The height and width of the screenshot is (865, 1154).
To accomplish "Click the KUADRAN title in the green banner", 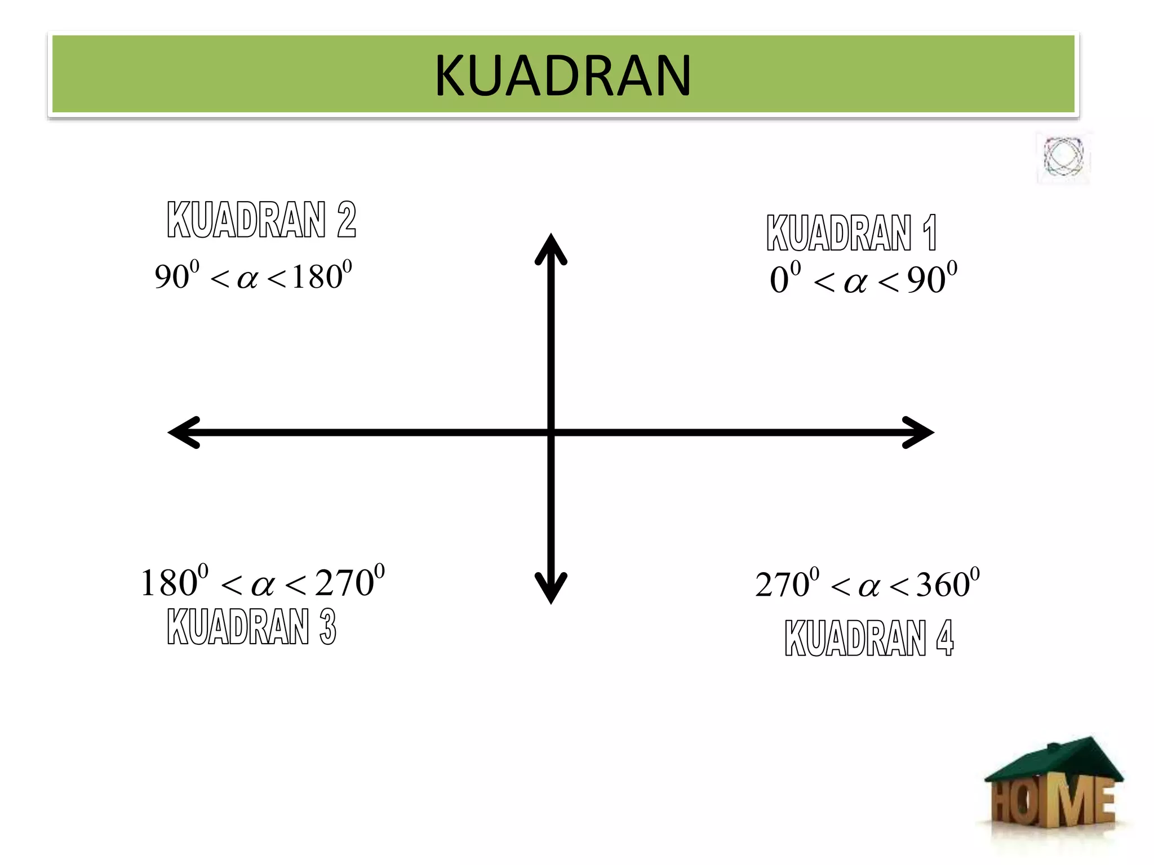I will click(562, 75).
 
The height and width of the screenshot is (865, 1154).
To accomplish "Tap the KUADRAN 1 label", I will click(851, 233).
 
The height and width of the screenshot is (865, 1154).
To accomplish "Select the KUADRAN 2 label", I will click(261, 220).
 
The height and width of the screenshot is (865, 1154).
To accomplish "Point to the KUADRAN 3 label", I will click(251, 626).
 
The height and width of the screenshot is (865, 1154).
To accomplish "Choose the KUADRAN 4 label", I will click(868, 638).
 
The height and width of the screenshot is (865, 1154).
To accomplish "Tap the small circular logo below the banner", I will click(1063, 157).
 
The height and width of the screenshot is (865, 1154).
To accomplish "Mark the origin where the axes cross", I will click(551, 432).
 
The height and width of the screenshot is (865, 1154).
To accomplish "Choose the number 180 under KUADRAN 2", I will click(317, 277).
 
